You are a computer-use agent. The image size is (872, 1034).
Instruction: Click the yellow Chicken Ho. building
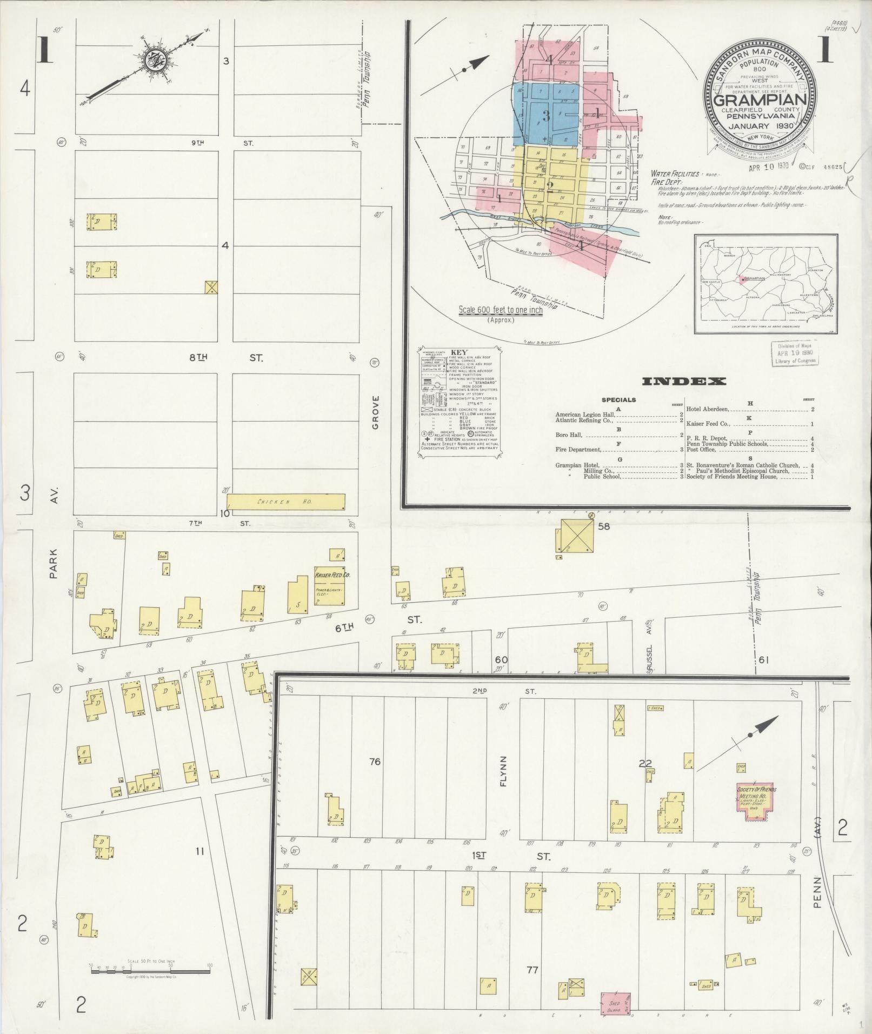[x=286, y=502]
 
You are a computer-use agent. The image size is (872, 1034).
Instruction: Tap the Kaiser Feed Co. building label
[x=332, y=576]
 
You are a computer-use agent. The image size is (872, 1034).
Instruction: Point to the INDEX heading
[x=683, y=382]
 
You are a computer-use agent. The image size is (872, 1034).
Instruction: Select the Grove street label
[x=376, y=412]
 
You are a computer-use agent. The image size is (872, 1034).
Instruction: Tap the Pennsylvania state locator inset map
[x=766, y=284]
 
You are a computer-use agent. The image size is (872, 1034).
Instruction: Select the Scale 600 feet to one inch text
[x=501, y=310]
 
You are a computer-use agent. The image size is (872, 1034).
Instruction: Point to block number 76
[x=375, y=762]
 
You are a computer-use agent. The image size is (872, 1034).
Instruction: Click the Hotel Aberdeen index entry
[x=749, y=409]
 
